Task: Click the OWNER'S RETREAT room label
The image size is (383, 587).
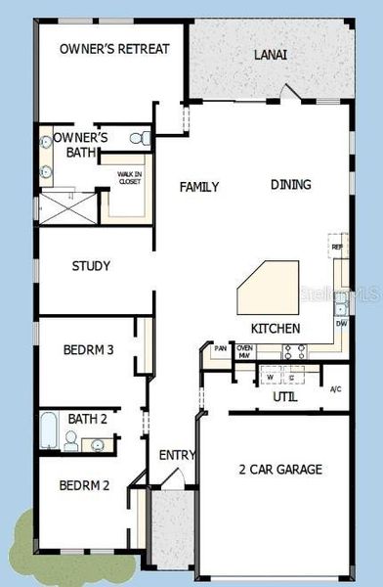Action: (x=114, y=49)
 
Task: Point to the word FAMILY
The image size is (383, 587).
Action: (x=199, y=187)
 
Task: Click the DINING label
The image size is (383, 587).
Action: (x=291, y=184)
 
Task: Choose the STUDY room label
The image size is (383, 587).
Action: (x=91, y=265)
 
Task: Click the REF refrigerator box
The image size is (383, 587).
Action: (x=338, y=248)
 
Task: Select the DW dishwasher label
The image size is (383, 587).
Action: (x=341, y=322)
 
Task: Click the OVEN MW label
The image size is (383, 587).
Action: (x=245, y=351)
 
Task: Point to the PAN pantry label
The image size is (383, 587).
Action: (x=221, y=348)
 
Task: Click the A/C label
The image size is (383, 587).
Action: (x=336, y=389)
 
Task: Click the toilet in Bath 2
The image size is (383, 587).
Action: (x=71, y=442)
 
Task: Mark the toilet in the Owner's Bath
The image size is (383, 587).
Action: (x=144, y=138)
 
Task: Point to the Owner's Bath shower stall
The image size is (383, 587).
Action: (x=68, y=205)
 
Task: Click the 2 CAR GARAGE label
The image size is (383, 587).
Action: (x=280, y=470)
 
